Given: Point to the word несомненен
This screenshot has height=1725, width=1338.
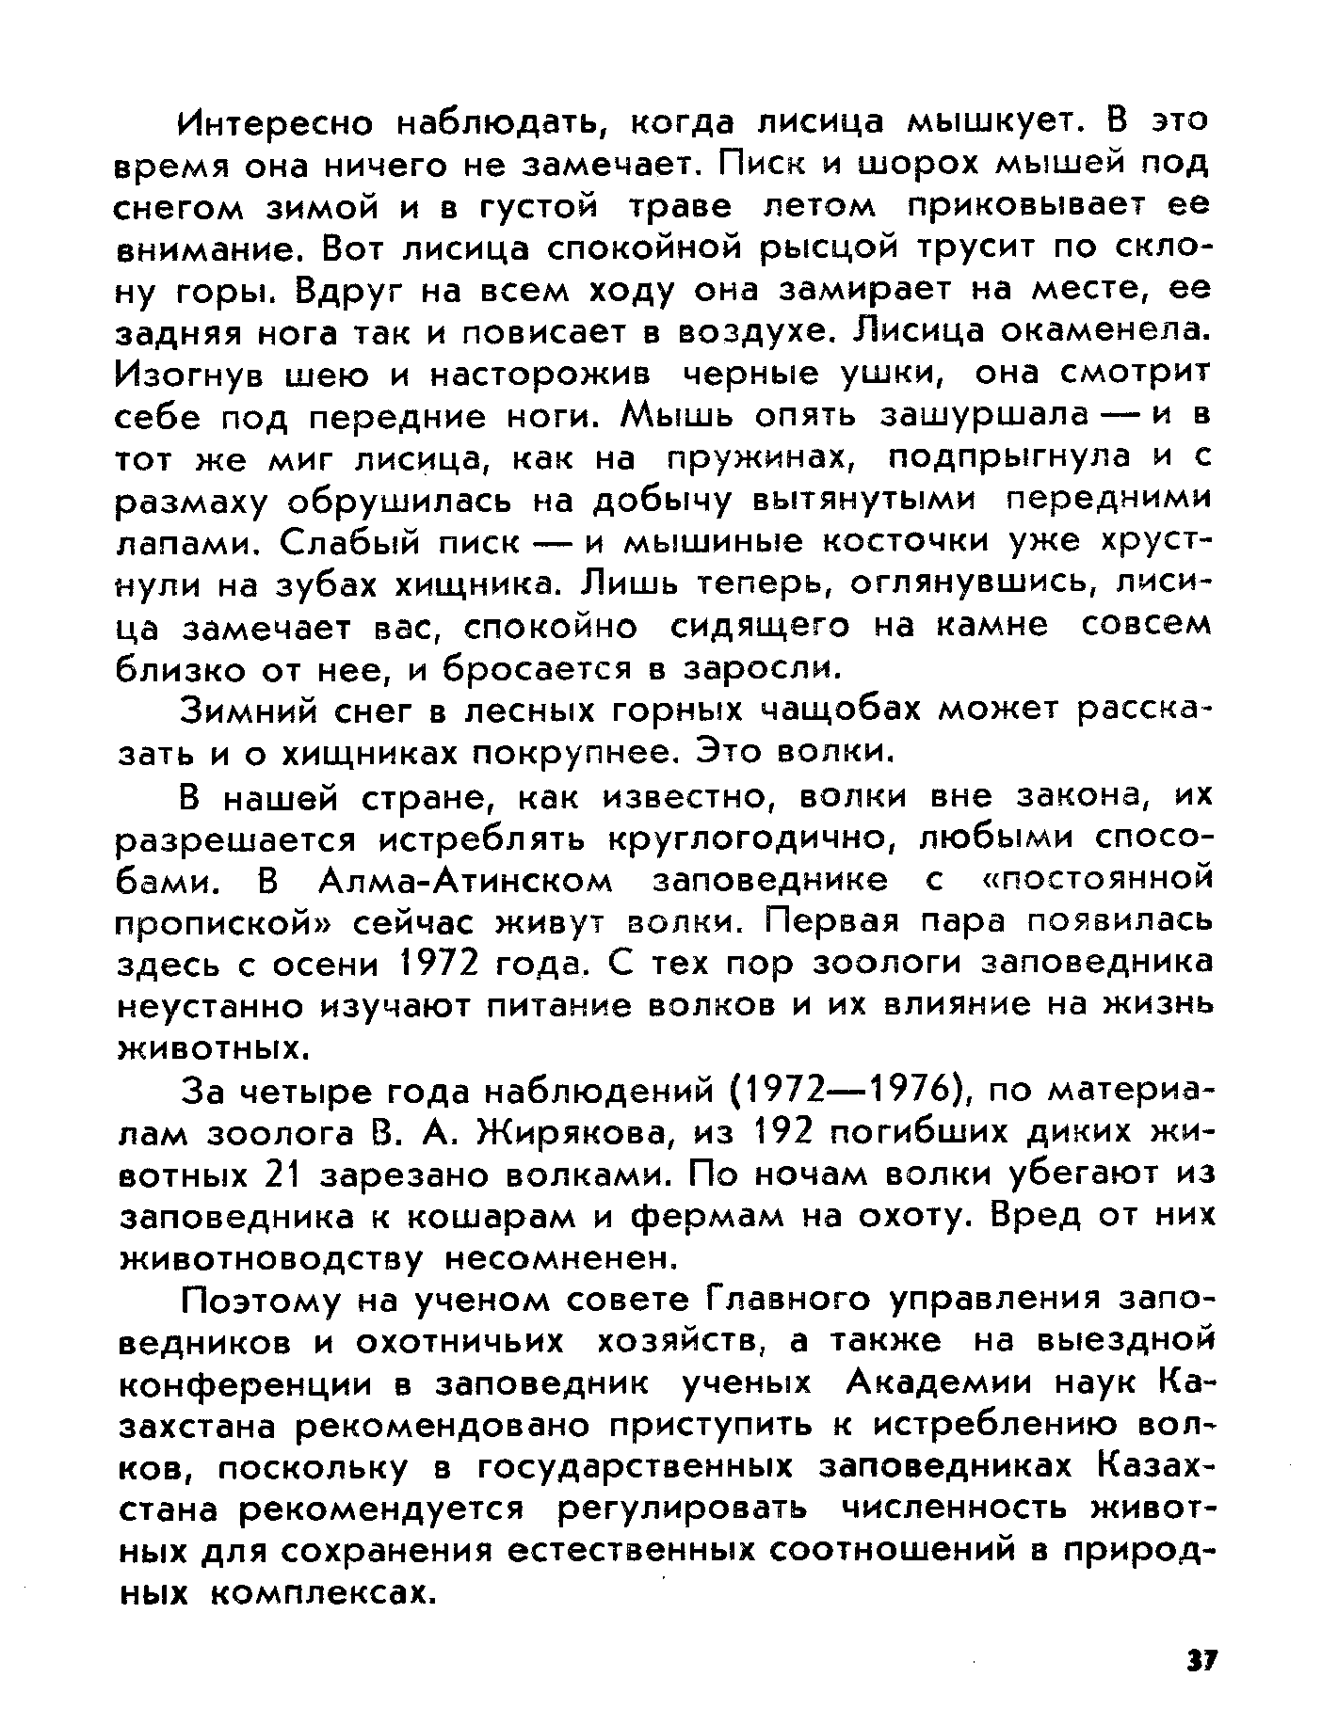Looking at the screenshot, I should click(561, 1258).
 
